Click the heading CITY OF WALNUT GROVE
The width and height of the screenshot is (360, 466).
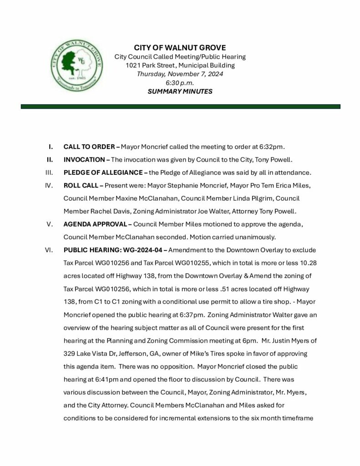(x=180, y=48)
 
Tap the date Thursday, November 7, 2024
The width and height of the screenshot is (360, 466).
(x=180, y=74)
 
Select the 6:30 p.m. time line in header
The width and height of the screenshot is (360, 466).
(x=180, y=82)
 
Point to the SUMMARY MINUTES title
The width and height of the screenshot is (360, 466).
(x=180, y=91)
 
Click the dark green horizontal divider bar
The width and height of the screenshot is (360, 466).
(x=180, y=106)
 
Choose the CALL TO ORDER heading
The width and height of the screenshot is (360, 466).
(x=89, y=147)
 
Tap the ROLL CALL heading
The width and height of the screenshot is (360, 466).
(x=81, y=186)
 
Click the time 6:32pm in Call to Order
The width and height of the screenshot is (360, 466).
(x=271, y=147)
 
